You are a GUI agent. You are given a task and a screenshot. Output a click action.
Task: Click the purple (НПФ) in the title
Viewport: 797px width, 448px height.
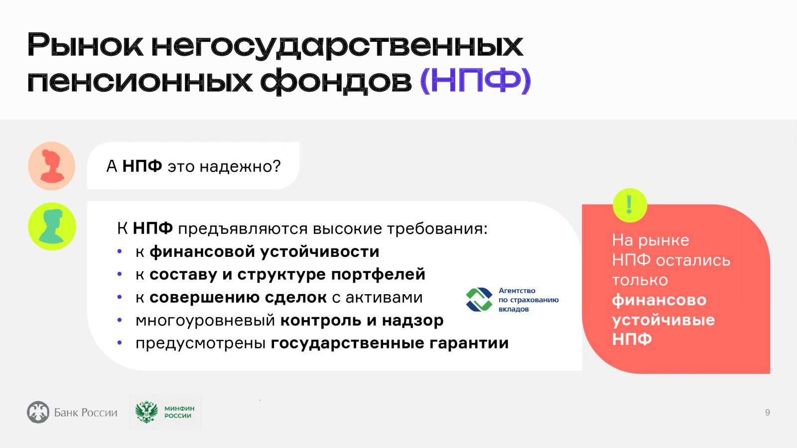pos(475,81)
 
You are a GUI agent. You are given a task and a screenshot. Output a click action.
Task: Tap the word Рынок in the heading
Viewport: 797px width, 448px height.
pos(85,45)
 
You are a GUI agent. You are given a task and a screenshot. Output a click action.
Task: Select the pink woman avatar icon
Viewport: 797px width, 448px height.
pos(52,166)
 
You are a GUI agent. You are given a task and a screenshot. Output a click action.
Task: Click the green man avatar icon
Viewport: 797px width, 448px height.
pos(52,226)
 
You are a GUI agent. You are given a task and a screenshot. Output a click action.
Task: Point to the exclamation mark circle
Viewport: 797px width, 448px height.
pos(630,205)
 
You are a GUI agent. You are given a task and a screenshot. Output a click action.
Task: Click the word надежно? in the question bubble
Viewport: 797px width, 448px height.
pos(240,166)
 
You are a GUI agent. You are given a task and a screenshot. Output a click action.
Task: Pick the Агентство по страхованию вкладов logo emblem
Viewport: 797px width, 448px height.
pos(479,299)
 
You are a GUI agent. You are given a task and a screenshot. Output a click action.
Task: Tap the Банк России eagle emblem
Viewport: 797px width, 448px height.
pos(38,412)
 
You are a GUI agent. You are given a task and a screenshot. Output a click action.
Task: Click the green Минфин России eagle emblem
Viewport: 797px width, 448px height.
pos(146,412)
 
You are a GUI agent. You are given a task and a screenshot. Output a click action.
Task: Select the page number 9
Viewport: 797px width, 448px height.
pos(768,413)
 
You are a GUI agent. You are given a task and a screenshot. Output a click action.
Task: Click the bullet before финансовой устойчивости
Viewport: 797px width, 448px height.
pos(120,252)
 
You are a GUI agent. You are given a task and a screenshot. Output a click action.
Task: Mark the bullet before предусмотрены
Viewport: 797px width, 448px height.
pos(120,343)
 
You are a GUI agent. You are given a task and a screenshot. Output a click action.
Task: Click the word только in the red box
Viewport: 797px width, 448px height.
pos(640,280)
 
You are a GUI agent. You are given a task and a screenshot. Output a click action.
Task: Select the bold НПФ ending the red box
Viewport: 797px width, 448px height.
pos(632,339)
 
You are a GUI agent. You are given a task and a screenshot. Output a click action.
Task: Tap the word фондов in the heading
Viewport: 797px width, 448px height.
pos(336,82)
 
